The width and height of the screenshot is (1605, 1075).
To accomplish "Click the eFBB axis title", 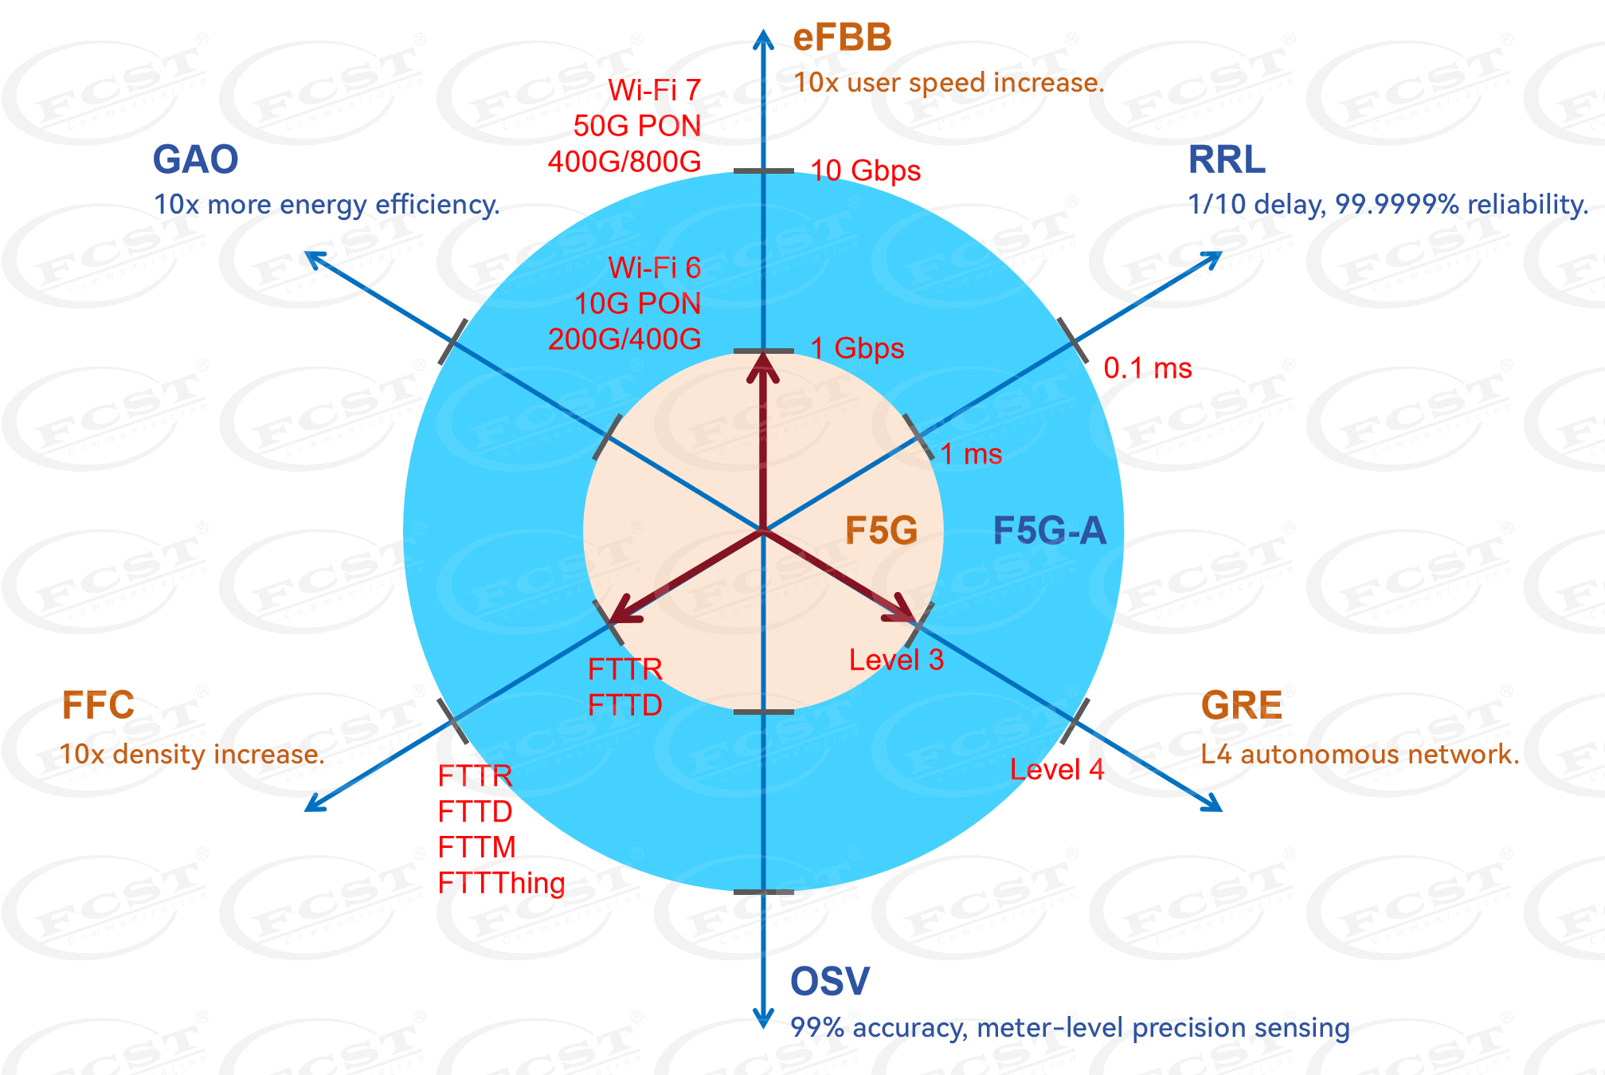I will point(842,38).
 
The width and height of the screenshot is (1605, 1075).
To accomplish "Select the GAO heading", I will point(195,159).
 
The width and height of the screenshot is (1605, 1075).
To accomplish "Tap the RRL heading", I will point(1226,159).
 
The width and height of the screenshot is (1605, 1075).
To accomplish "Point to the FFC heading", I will point(98,705).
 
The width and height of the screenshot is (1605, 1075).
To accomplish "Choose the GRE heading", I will point(1241,705).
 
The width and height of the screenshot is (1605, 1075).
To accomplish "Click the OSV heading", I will point(829,981).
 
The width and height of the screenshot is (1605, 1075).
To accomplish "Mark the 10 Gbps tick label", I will point(865,171).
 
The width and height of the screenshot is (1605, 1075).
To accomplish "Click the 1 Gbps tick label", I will point(857,348).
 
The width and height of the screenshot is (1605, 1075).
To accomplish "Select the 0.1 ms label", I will point(1147,368).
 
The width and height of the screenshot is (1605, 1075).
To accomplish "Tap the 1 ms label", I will point(971,454).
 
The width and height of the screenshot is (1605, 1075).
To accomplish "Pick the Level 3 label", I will point(896,660).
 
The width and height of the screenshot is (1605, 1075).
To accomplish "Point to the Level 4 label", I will point(1057,769).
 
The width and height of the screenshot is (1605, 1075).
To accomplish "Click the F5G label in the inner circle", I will point(881,531).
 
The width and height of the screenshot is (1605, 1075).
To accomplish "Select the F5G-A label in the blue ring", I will point(1049,531).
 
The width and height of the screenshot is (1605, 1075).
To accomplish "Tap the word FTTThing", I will point(501,883).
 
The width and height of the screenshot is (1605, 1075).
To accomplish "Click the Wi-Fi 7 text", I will point(654,90).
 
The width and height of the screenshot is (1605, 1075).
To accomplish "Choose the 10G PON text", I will point(637,304).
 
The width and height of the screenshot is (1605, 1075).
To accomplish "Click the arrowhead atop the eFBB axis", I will point(763,38).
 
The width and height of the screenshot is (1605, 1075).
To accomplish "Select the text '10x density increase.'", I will point(192,754).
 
